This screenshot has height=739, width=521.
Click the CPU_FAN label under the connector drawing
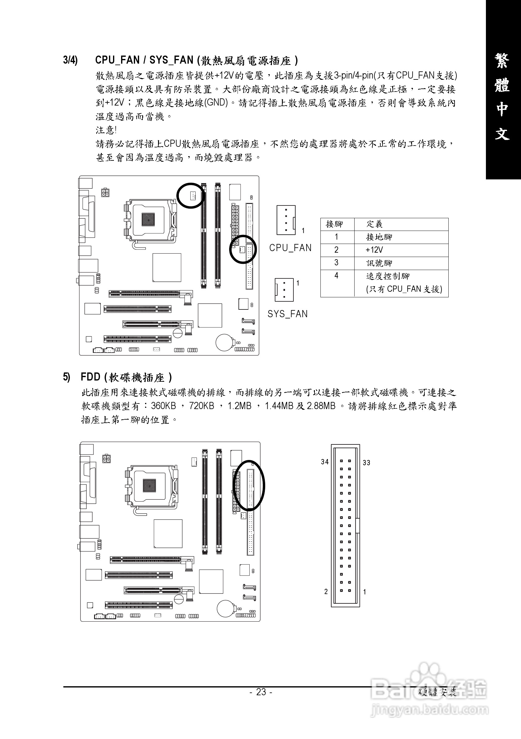(290, 248)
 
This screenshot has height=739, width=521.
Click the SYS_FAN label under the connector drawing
(288, 314)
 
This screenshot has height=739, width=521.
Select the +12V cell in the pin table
(374, 250)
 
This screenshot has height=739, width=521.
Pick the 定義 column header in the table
(374, 224)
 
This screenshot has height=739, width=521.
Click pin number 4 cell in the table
(336, 276)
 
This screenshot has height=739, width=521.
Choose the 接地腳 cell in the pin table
(379, 237)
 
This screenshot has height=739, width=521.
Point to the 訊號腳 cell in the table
(379, 263)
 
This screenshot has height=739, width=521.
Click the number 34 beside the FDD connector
(324, 462)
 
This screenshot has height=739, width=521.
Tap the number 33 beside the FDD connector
(366, 462)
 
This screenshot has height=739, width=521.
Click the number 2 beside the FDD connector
(326, 592)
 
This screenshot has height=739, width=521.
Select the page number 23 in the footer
(261, 692)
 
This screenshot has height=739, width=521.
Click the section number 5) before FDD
(66, 377)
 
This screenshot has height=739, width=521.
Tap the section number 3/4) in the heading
(70, 60)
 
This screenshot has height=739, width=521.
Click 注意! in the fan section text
(106, 130)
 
